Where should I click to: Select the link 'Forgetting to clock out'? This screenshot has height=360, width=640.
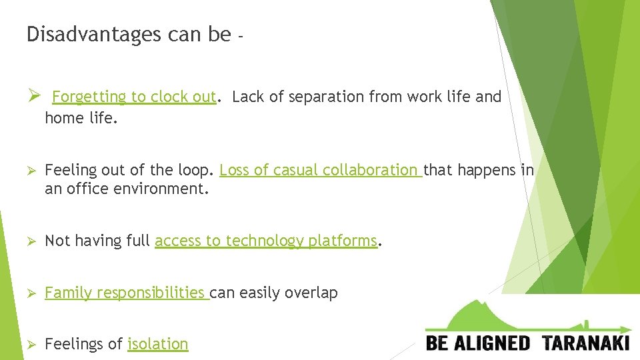pyautogui.click(x=134, y=97)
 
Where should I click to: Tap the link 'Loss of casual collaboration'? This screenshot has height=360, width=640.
pyautogui.click(x=319, y=171)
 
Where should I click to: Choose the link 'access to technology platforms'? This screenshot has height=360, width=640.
pyautogui.click(x=266, y=241)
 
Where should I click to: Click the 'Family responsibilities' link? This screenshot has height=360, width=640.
pyautogui.click(x=125, y=293)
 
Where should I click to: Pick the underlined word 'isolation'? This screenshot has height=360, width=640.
pyautogui.click(x=158, y=344)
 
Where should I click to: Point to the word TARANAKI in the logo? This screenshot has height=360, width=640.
pyautogui.click(x=586, y=343)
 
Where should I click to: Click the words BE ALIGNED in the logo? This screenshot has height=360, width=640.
pyautogui.click(x=478, y=343)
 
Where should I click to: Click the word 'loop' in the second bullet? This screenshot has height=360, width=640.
pyautogui.click(x=195, y=171)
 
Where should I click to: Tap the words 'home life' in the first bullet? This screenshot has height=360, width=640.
pyautogui.click(x=79, y=118)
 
